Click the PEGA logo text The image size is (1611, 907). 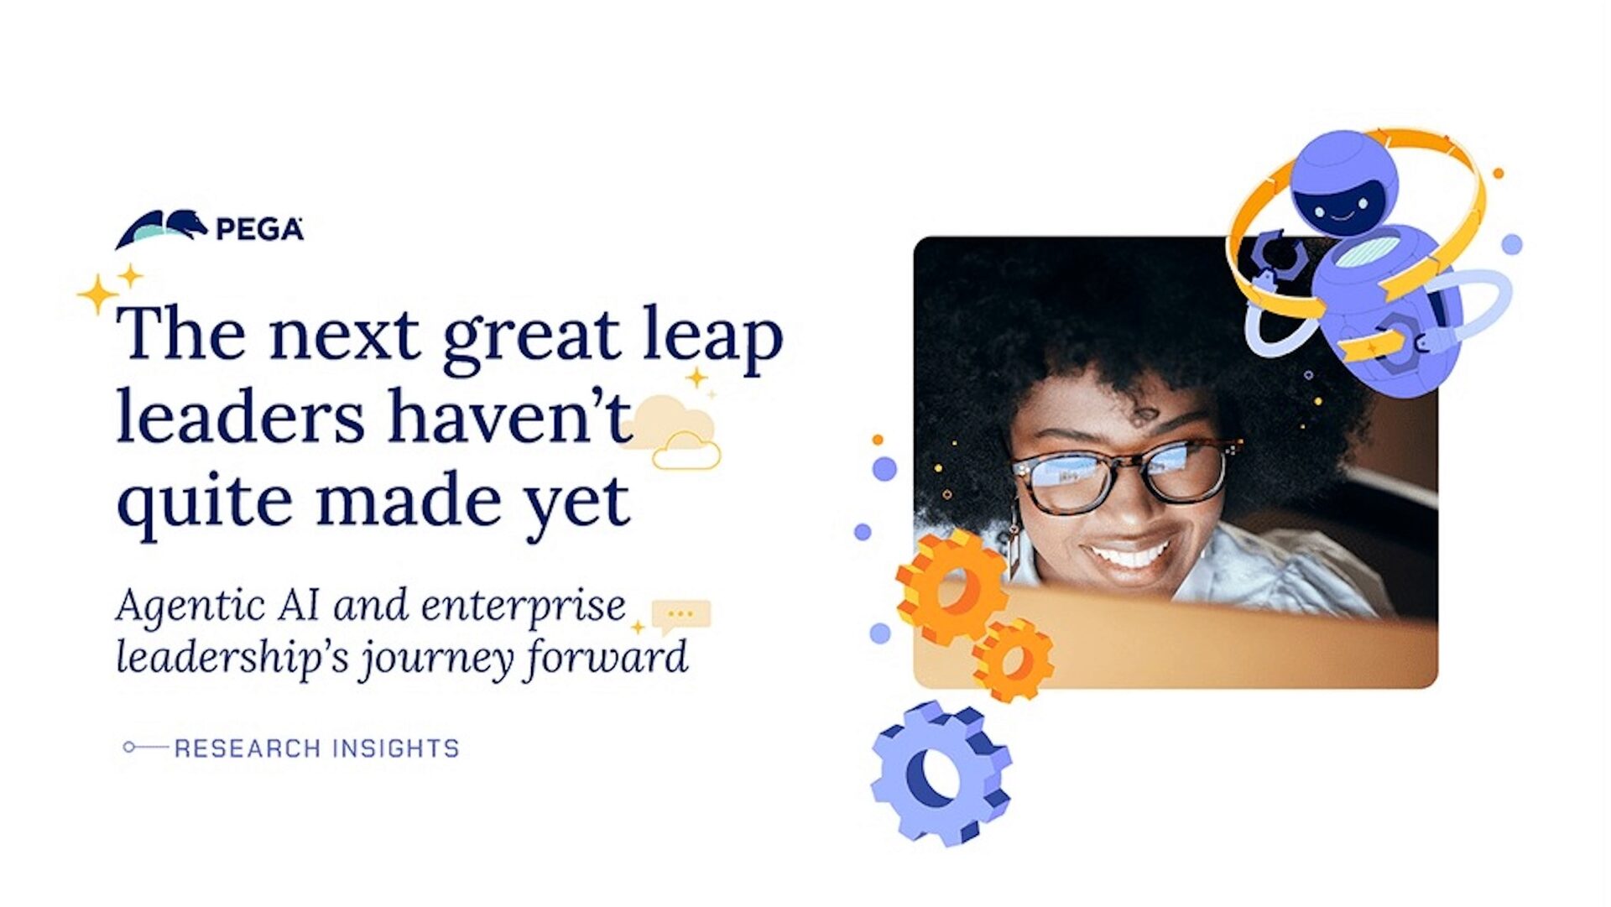[x=259, y=229]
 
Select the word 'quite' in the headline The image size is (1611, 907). [x=204, y=502]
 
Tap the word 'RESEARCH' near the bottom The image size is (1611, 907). [x=247, y=748]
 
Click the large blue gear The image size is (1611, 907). [x=941, y=773]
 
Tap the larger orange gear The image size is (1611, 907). [x=951, y=587]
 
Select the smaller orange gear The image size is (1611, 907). [x=1013, y=659]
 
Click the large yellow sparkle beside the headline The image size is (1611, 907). [x=97, y=295]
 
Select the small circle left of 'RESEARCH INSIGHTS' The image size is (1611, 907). [x=128, y=747]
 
